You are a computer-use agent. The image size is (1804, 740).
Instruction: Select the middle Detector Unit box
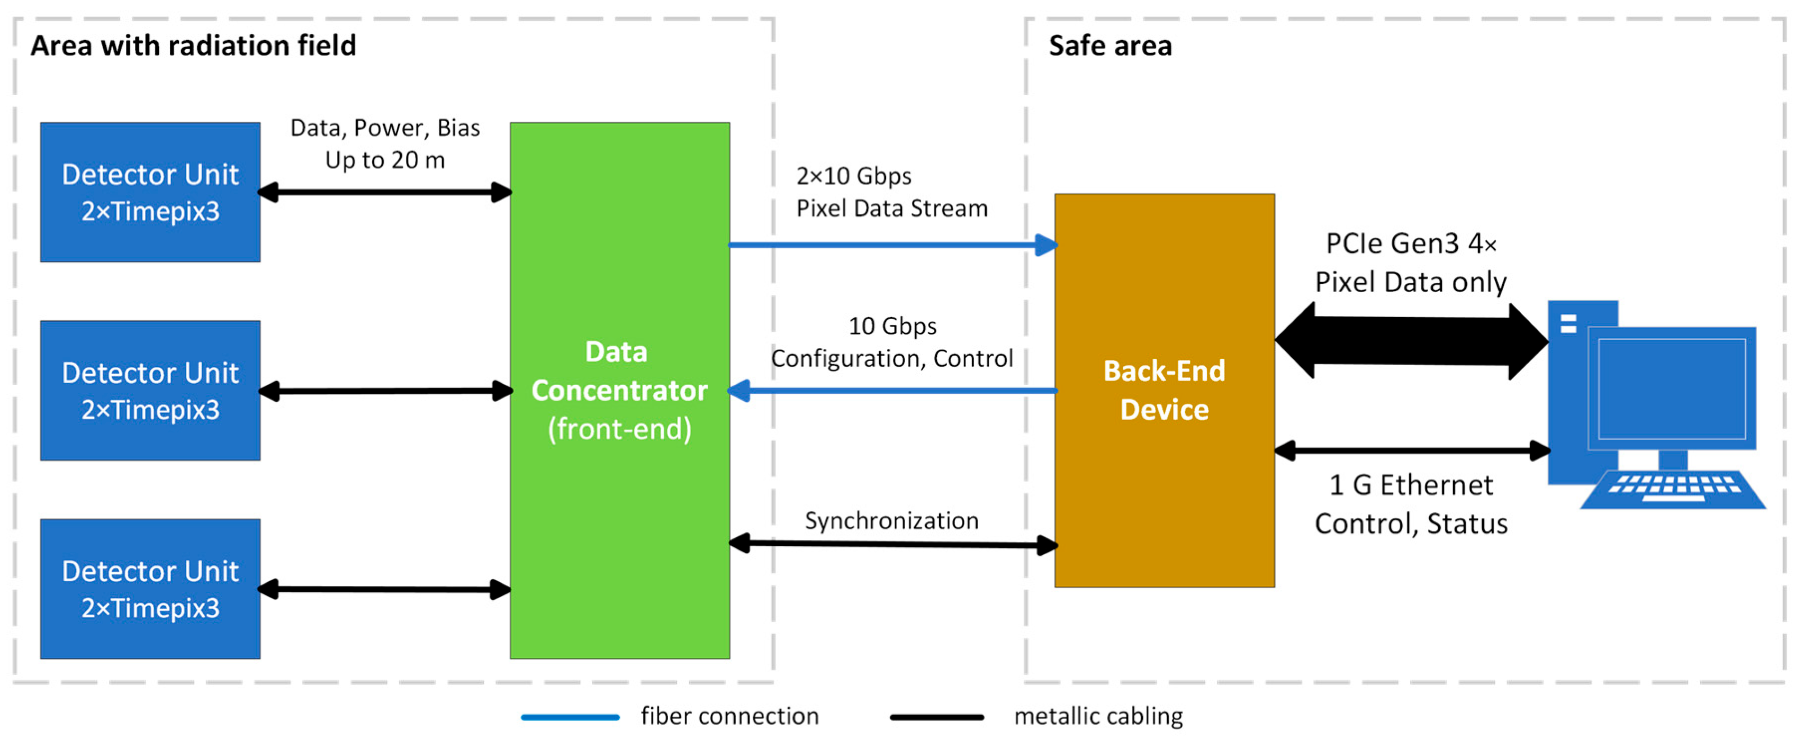click(x=150, y=390)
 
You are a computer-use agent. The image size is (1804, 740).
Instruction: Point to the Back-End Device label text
click(x=1164, y=390)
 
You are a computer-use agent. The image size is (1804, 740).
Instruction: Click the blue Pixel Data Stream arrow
click(x=889, y=245)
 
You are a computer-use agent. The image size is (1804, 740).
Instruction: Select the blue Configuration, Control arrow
click(x=889, y=390)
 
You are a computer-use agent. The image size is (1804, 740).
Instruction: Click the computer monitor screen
click(x=1671, y=389)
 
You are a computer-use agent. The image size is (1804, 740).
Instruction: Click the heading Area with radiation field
click(x=193, y=46)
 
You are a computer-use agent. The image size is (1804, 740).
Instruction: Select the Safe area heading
click(x=1110, y=46)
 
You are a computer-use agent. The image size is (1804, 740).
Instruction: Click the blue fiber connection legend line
click(x=570, y=717)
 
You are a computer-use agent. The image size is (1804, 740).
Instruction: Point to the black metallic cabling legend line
click(x=936, y=717)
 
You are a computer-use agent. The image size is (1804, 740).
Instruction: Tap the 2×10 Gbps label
click(x=854, y=176)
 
